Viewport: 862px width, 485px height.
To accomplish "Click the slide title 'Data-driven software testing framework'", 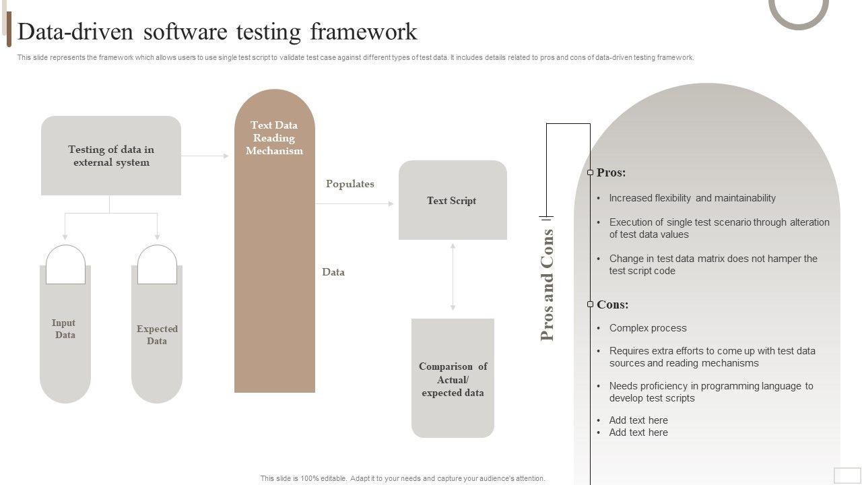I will [x=217, y=32].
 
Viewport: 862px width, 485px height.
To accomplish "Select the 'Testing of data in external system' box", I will [x=111, y=156].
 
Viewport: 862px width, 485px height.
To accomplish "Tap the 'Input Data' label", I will [x=65, y=329].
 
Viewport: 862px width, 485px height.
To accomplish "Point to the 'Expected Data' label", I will [x=157, y=335].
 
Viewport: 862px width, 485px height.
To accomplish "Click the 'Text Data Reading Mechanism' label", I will [x=274, y=138].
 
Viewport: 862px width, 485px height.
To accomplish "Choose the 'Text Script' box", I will [x=452, y=200].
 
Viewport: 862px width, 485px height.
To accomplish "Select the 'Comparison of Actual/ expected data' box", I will [x=453, y=379].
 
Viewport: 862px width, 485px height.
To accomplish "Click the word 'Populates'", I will [x=350, y=184].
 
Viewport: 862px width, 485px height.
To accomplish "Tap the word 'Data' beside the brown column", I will [x=333, y=272].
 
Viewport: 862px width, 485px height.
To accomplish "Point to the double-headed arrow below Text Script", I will [x=453, y=277].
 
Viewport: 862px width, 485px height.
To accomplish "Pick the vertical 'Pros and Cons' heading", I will [x=548, y=285].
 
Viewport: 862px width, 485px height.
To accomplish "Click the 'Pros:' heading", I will [x=611, y=172].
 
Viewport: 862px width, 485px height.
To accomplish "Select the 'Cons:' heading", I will [x=613, y=304].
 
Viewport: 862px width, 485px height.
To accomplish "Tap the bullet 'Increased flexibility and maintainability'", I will [x=692, y=198].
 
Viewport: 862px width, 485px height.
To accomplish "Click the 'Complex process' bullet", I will [x=648, y=328].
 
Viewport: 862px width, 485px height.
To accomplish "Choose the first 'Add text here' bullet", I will [x=638, y=420].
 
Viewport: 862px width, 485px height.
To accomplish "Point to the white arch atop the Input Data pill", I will [x=65, y=265].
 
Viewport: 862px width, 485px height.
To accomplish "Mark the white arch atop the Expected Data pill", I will [x=157, y=265].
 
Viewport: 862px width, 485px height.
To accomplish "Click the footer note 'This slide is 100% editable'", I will [x=403, y=478].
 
